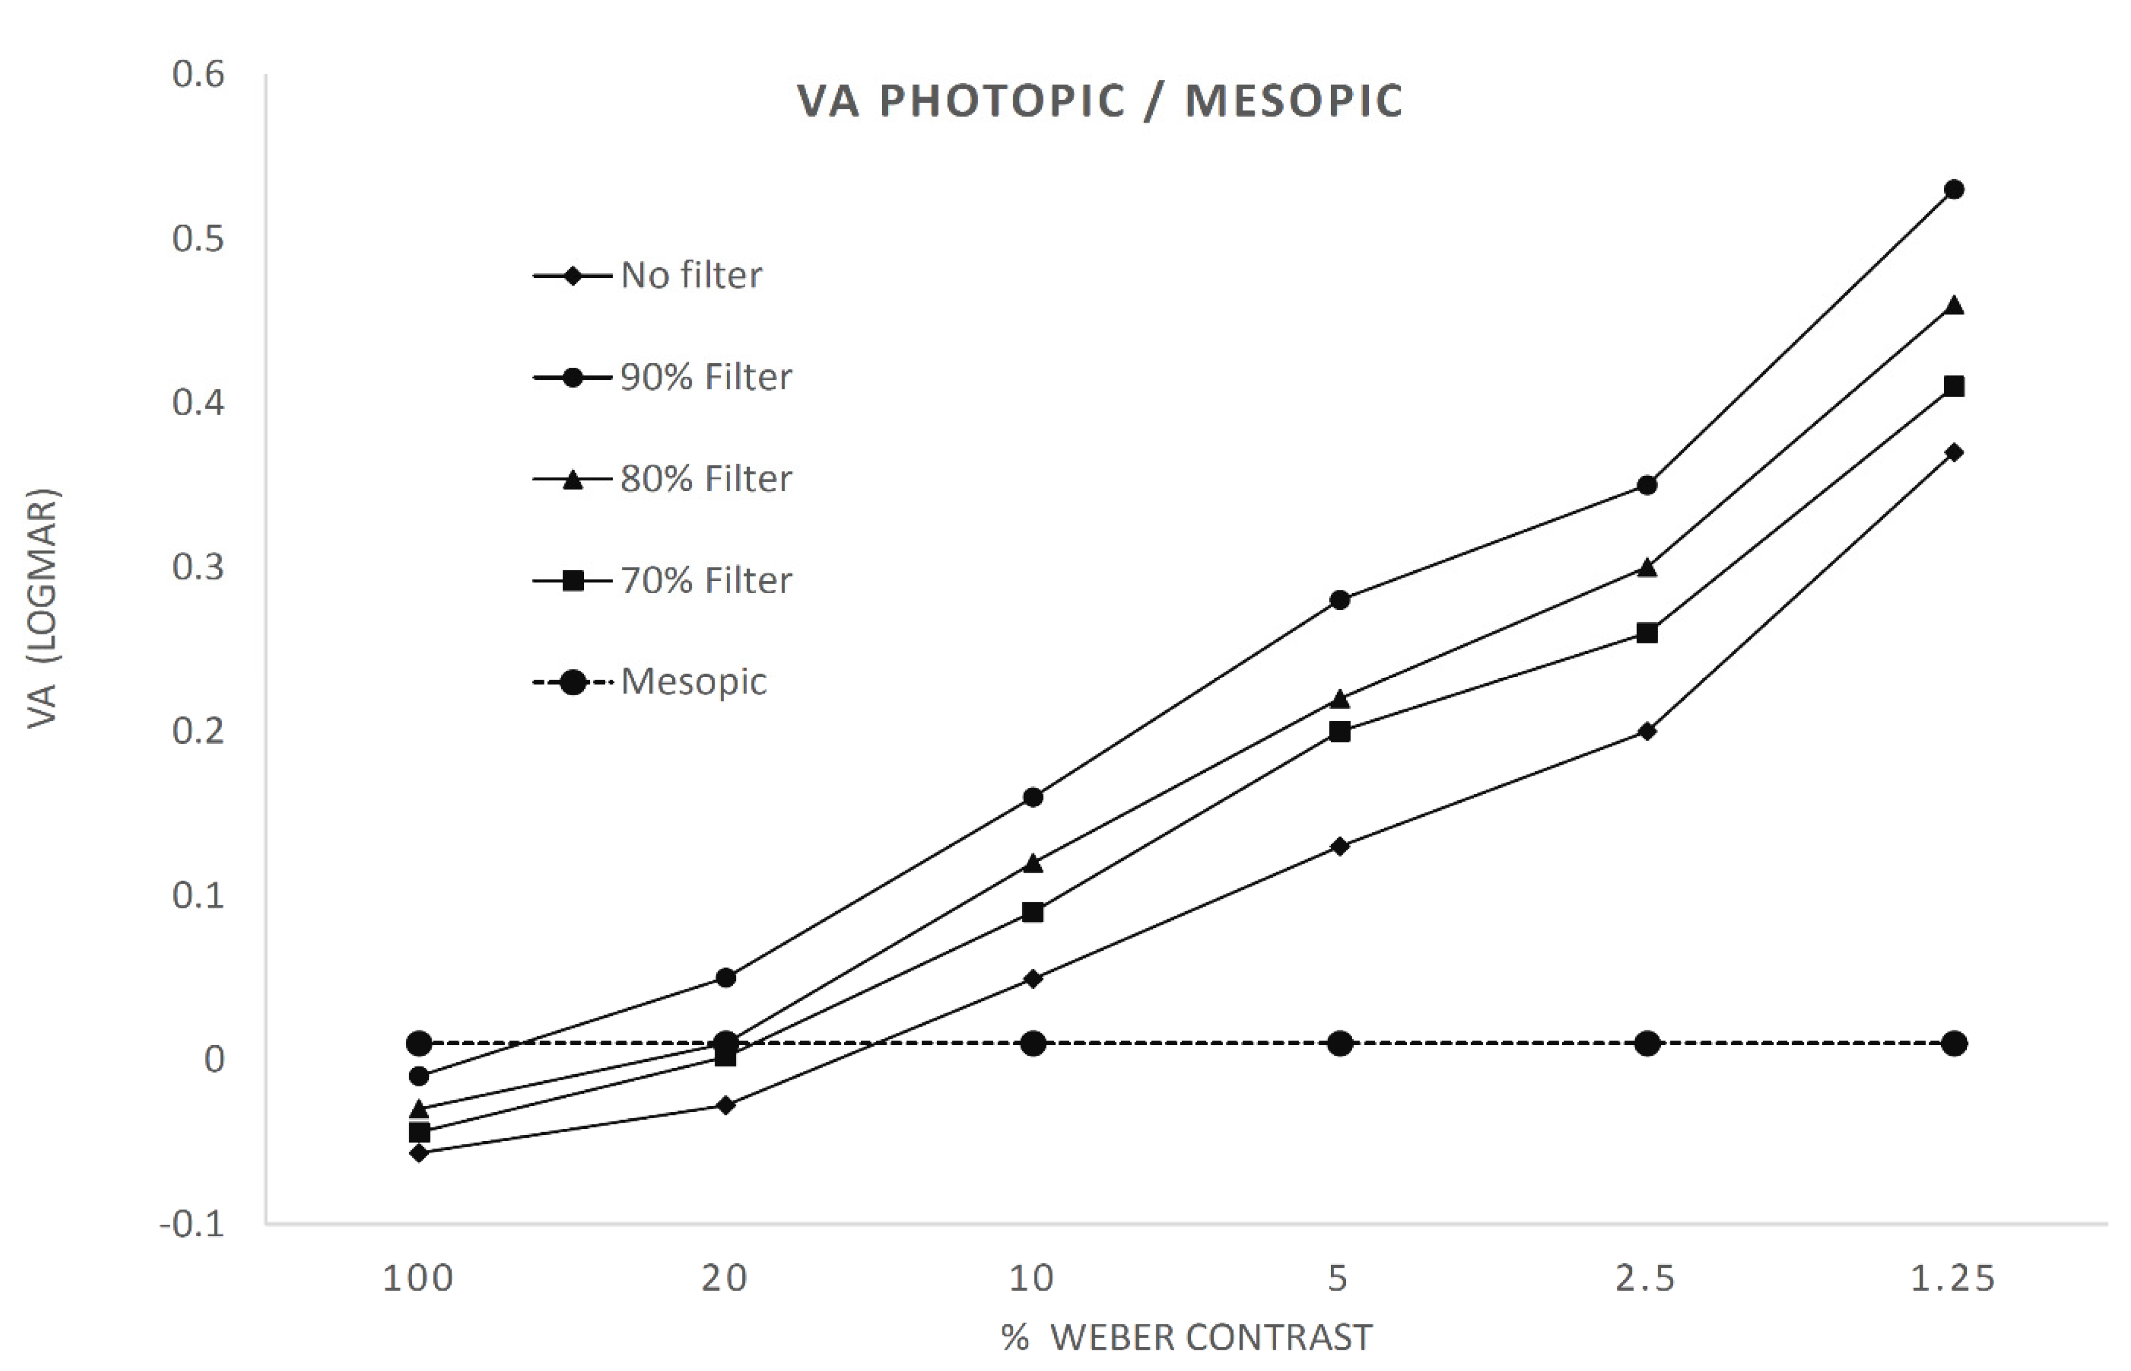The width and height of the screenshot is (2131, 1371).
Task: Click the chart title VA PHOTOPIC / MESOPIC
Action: pyautogui.click(x=1100, y=100)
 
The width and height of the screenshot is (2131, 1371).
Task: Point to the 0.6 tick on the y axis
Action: pyautogui.click(x=199, y=75)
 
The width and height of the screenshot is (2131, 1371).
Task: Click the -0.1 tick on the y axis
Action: pyautogui.click(x=193, y=1225)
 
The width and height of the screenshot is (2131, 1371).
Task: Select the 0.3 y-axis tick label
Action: pyautogui.click(x=199, y=567)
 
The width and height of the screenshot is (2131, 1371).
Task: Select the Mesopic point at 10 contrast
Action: pyautogui.click(x=1033, y=1043)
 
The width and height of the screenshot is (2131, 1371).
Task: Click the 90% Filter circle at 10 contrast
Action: pyautogui.click(x=1033, y=797)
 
